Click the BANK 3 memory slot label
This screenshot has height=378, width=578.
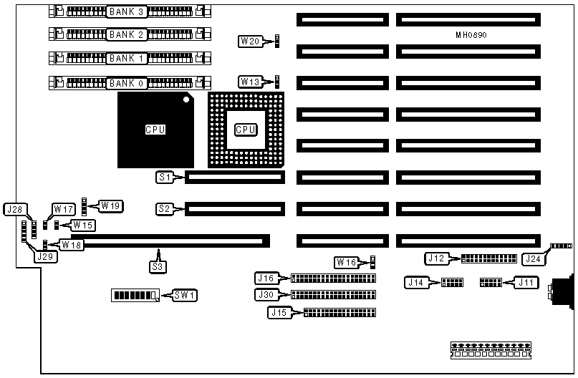(x=127, y=12)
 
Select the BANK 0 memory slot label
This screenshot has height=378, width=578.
(x=127, y=83)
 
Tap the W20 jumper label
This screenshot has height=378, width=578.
(x=250, y=41)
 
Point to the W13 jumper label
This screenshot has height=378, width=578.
(x=250, y=82)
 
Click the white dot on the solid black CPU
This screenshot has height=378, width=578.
(x=186, y=100)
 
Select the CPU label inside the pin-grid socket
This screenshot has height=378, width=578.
(x=246, y=130)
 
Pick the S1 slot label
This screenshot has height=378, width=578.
(x=164, y=175)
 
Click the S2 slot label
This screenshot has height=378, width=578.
(x=164, y=209)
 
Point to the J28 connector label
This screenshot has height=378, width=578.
(x=14, y=210)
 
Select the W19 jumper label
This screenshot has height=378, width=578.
(x=110, y=206)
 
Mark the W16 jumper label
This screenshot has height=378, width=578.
(x=346, y=262)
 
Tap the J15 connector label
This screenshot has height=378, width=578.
(x=279, y=312)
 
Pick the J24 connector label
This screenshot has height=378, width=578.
(x=531, y=258)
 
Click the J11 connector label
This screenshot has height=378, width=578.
(x=527, y=282)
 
